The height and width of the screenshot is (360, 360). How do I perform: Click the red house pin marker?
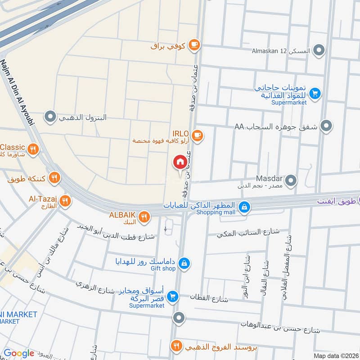(180, 162)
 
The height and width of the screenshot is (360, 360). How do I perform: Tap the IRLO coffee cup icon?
(197, 135)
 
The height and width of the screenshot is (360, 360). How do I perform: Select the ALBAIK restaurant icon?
(144, 217)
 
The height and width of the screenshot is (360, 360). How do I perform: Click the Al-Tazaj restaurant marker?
(65, 201)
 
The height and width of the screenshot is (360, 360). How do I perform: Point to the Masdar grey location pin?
(291, 181)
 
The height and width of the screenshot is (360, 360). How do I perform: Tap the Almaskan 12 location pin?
(319, 50)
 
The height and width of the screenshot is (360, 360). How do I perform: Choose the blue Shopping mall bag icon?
(244, 207)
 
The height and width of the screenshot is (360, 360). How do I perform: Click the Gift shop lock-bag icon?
(184, 263)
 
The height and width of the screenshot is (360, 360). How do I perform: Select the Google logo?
(19, 353)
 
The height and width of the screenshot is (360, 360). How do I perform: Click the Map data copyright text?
(336, 355)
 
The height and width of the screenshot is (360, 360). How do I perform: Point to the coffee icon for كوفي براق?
(194, 44)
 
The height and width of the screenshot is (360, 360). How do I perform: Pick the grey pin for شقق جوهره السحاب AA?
(327, 126)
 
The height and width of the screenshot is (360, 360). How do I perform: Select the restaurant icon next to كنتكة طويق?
(54, 178)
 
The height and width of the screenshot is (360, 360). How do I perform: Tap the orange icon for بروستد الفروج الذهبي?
(176, 346)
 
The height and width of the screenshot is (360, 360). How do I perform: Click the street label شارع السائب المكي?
(248, 233)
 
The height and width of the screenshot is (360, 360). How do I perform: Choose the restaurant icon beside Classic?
(32, 148)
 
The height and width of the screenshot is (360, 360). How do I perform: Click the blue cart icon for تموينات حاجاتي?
(315, 93)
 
